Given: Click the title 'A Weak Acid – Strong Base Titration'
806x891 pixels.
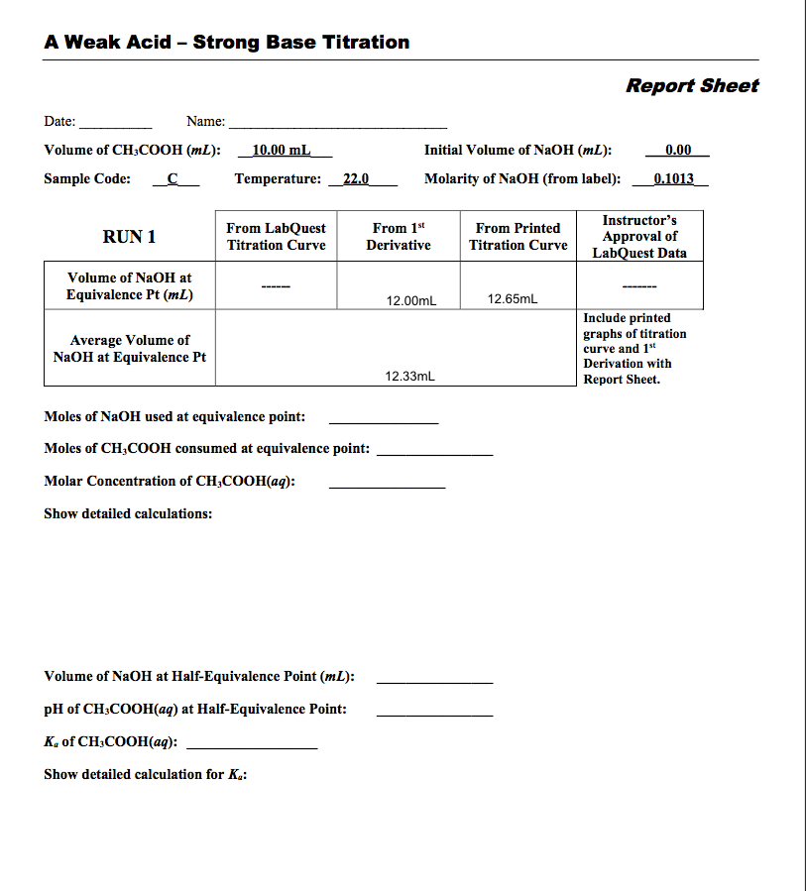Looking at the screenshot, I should pyautogui.click(x=227, y=43).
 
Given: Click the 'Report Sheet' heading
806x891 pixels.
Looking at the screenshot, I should pyautogui.click(x=691, y=85).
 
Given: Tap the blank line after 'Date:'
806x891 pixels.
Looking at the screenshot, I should pyautogui.click(x=115, y=126).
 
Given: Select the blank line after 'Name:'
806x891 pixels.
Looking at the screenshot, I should pyautogui.click(x=337, y=126).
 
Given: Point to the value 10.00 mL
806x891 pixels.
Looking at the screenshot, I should pyautogui.click(x=282, y=151).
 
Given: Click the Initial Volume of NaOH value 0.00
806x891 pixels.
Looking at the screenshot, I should pyautogui.click(x=678, y=151).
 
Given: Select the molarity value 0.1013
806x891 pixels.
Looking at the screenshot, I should pyautogui.click(x=674, y=179).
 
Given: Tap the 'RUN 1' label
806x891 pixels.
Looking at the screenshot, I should pyautogui.click(x=129, y=237).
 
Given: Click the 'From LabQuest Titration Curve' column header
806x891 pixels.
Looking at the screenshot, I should pyautogui.click(x=276, y=237).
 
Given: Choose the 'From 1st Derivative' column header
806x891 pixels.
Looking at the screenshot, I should pyautogui.click(x=398, y=237).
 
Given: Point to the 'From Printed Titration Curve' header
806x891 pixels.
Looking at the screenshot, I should pyautogui.click(x=518, y=237).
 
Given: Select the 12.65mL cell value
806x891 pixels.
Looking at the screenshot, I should pyautogui.click(x=513, y=298).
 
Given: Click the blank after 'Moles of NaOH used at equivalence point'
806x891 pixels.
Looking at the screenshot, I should pyautogui.click(x=384, y=420).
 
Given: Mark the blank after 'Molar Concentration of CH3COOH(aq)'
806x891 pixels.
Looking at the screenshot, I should pyautogui.click(x=387, y=485).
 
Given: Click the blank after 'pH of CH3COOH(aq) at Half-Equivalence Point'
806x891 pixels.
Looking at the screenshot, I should pyautogui.click(x=434, y=713).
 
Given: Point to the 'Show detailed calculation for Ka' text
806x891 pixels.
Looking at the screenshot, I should pyautogui.click(x=145, y=774).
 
